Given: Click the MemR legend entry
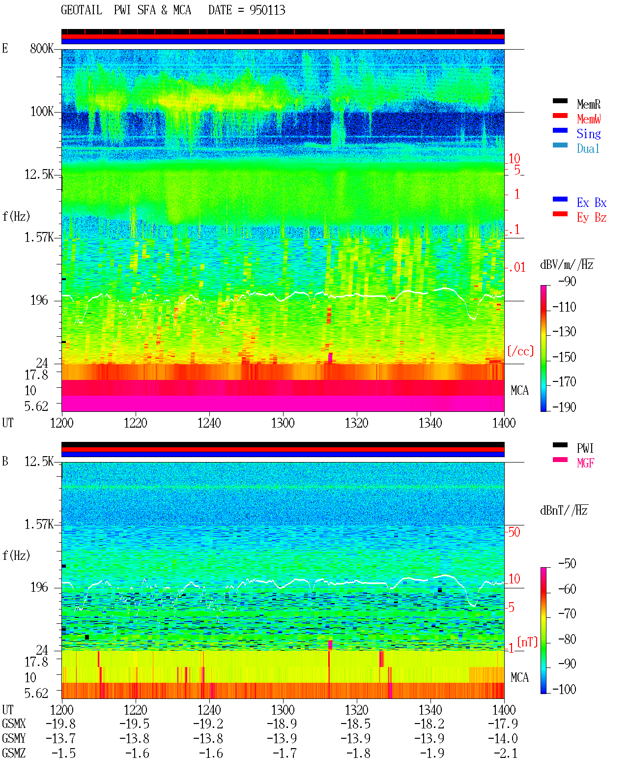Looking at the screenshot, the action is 588,104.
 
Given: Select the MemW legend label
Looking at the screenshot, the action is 588,118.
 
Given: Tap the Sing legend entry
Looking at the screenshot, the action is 588,134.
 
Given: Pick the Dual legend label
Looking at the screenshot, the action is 588,148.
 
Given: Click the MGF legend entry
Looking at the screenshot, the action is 585,463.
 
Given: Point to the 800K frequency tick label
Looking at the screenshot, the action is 42,48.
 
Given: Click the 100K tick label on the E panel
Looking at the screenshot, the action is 42,112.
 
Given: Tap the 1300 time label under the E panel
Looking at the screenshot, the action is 283,423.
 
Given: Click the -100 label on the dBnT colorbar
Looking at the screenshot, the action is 564,689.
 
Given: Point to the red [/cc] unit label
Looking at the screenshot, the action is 520,351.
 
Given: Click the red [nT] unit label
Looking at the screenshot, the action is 527,642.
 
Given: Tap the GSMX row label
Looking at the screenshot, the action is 14,724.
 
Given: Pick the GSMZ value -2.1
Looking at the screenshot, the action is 505,753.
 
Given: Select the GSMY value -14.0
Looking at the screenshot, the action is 503,738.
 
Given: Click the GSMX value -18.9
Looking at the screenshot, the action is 282,724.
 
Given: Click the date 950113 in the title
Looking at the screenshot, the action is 267,10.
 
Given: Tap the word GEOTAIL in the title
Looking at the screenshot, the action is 82,10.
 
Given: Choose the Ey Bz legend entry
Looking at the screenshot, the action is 592,218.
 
